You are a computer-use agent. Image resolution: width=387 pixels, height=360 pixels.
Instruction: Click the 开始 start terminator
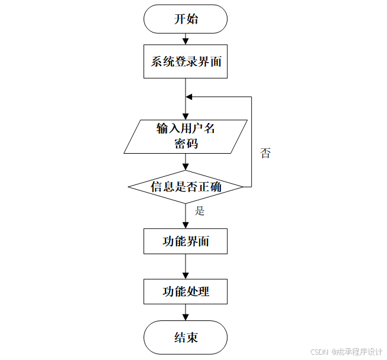(x=186, y=19)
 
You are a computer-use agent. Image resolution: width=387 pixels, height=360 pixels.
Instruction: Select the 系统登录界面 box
(x=186, y=61)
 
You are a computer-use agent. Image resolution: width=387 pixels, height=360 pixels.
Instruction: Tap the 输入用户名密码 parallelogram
(x=186, y=137)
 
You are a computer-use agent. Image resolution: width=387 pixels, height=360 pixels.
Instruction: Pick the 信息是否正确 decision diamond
(x=186, y=187)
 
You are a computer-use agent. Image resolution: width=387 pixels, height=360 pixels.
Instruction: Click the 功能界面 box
(x=186, y=241)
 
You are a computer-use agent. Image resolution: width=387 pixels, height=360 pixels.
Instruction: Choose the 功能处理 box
(x=186, y=291)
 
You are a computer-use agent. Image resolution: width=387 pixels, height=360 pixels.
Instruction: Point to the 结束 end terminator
(x=186, y=338)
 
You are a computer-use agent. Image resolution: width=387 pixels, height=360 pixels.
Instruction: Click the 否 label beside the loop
(x=265, y=154)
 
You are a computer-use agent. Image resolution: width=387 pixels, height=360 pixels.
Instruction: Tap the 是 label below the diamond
(x=200, y=211)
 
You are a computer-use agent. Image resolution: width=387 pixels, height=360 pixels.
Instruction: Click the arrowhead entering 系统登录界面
(x=186, y=41)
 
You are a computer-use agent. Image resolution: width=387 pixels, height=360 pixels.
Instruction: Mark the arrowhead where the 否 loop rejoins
(x=189, y=97)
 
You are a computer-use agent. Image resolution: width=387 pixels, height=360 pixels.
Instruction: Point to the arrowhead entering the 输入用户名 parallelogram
(x=186, y=116)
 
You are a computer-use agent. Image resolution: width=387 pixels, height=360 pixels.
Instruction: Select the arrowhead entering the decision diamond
(x=186, y=167)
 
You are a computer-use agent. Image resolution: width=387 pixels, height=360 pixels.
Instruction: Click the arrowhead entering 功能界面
(x=186, y=225)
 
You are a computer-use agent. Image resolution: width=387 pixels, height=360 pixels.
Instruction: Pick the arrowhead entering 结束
(x=186, y=317)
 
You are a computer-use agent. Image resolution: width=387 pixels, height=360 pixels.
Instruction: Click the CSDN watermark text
(x=319, y=352)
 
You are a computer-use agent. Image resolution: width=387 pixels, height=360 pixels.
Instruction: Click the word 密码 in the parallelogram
(x=186, y=144)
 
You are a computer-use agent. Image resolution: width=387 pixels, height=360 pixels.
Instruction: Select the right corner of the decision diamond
(x=242, y=187)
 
